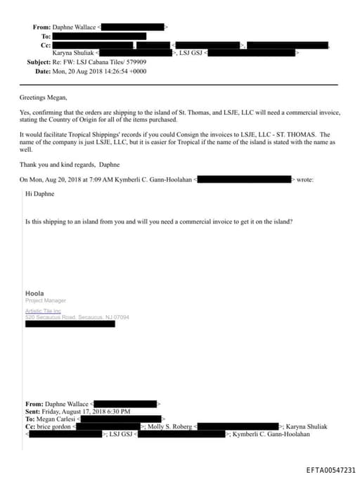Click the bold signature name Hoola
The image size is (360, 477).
[34, 293]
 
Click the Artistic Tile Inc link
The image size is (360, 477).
[44, 310]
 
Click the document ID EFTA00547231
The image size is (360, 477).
[330, 469]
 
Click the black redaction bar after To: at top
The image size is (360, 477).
[99, 36]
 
